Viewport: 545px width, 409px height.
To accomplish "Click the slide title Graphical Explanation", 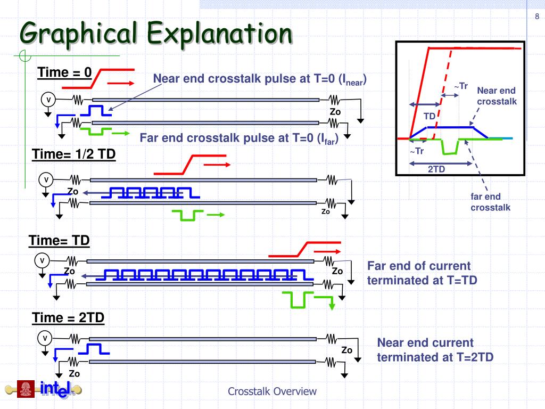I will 156,34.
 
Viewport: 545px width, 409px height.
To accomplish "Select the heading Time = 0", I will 65,72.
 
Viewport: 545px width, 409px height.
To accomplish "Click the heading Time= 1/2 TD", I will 73,154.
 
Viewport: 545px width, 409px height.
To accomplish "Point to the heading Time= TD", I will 59,241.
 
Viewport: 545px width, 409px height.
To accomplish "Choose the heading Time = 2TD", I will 68,318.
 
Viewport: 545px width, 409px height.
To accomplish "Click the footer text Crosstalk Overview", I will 272,391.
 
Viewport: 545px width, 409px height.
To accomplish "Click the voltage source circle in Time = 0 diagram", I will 48,100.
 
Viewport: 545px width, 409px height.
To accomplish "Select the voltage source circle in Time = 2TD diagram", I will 45,338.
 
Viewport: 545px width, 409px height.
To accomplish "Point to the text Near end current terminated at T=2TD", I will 435,349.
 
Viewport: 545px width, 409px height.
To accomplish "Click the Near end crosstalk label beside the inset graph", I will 496,96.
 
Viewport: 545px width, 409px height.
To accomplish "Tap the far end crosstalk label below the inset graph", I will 490,202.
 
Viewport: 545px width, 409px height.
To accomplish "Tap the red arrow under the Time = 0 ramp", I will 121,83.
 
